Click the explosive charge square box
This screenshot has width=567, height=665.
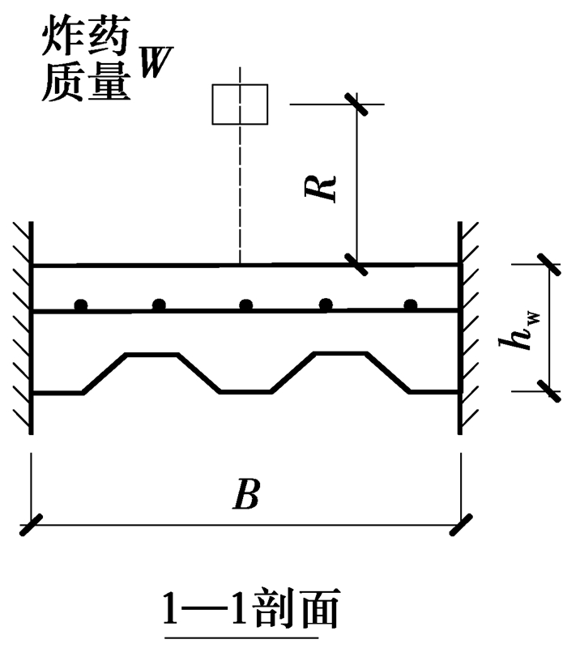click(x=240, y=104)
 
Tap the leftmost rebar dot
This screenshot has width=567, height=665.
click(x=80, y=305)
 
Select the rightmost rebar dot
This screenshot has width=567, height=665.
click(x=411, y=305)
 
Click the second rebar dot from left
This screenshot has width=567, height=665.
click(x=160, y=305)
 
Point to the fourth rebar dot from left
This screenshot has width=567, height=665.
click(x=326, y=305)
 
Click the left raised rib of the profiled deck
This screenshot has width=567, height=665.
click(x=150, y=354)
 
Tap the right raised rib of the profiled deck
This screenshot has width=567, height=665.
click(x=340, y=354)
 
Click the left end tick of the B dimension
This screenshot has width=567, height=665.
click(x=31, y=525)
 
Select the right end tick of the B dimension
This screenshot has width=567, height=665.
click(x=461, y=525)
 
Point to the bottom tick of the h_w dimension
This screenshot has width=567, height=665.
click(x=547, y=392)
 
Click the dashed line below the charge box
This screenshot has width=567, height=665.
click(x=240, y=194)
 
